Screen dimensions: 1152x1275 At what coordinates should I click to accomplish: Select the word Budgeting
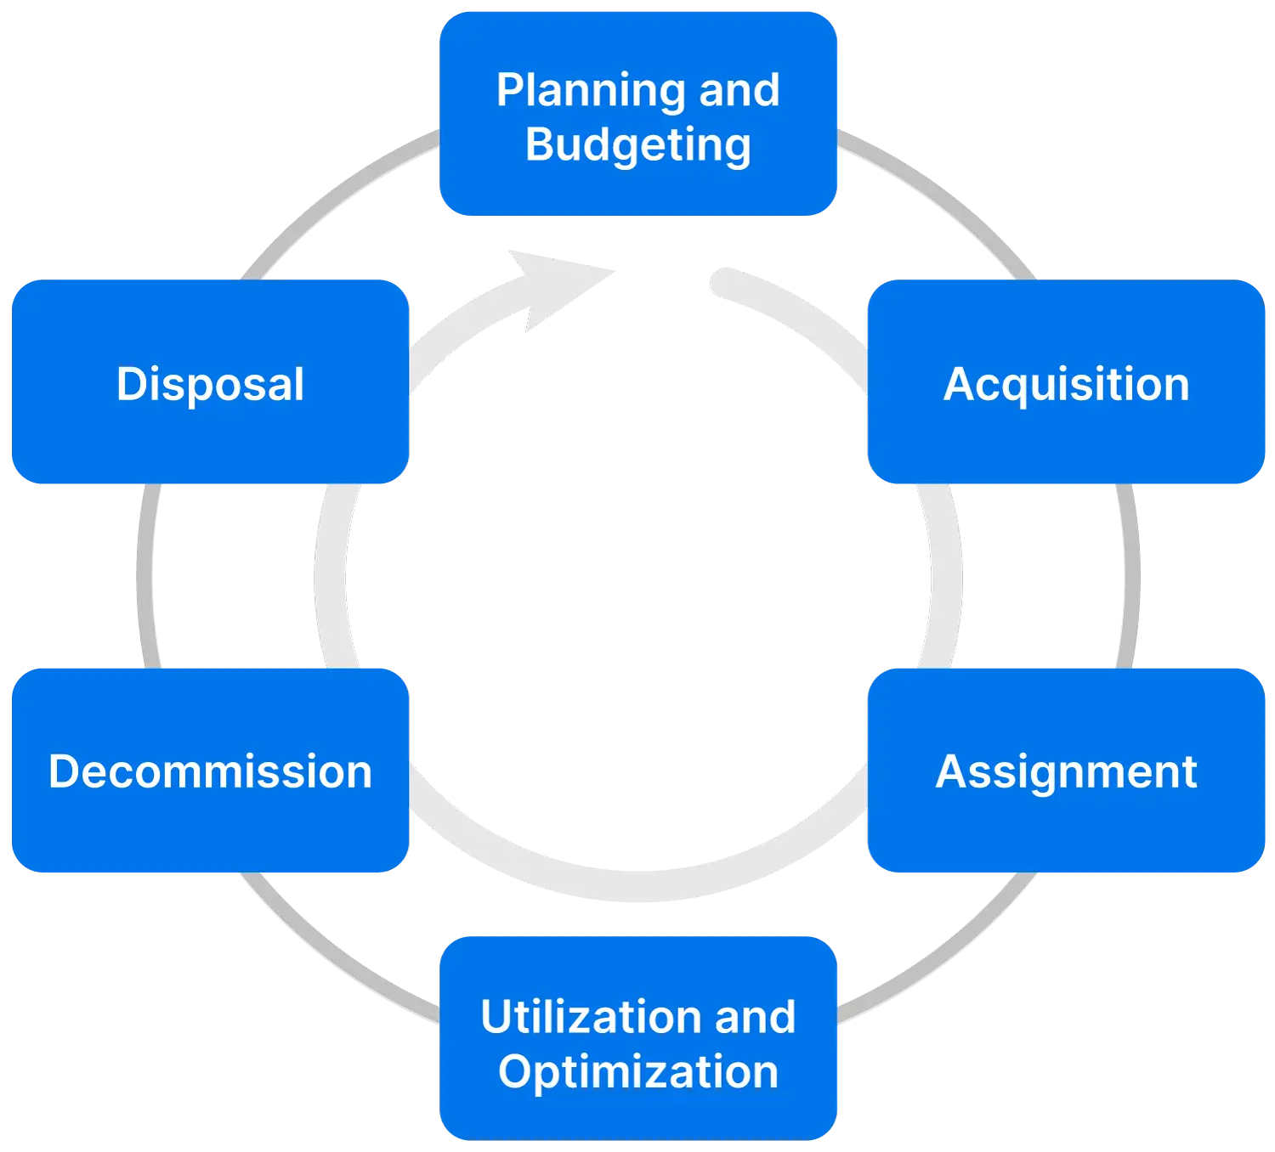[x=637, y=145]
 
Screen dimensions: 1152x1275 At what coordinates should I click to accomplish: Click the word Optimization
[x=637, y=1071]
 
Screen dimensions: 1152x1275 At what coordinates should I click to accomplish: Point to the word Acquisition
[x=1067, y=384]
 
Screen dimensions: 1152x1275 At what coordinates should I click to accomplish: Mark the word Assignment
[x=1067, y=772]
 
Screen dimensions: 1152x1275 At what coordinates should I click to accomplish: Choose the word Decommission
[x=210, y=772]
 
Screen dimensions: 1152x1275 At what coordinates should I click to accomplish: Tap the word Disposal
[x=210, y=384]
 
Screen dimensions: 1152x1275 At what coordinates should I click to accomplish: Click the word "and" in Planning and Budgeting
[x=739, y=90]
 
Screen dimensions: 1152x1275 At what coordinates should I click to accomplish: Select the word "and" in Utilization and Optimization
[x=755, y=1017]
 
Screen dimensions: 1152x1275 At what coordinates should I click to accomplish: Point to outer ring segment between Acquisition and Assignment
[x=1130, y=576]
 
